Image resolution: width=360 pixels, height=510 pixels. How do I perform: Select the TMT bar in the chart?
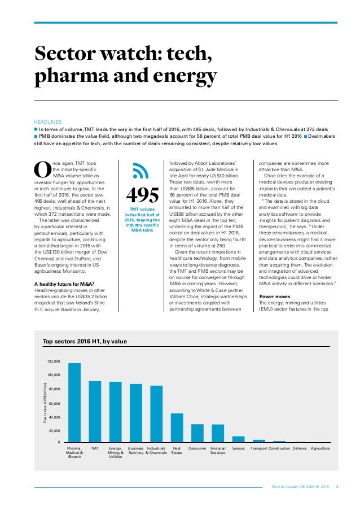(x=95, y=412)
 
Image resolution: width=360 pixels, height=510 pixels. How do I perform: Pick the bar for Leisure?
(x=238, y=439)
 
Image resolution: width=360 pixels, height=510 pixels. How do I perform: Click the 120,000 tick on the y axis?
(x=53, y=360)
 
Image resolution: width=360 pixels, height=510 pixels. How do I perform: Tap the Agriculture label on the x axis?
(x=321, y=448)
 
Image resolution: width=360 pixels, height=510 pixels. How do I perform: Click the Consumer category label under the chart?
(x=197, y=448)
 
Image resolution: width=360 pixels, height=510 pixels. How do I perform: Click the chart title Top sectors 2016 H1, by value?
(x=85, y=341)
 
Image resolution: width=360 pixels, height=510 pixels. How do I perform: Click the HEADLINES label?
(x=48, y=121)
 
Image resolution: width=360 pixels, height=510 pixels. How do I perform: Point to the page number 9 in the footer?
(x=337, y=486)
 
